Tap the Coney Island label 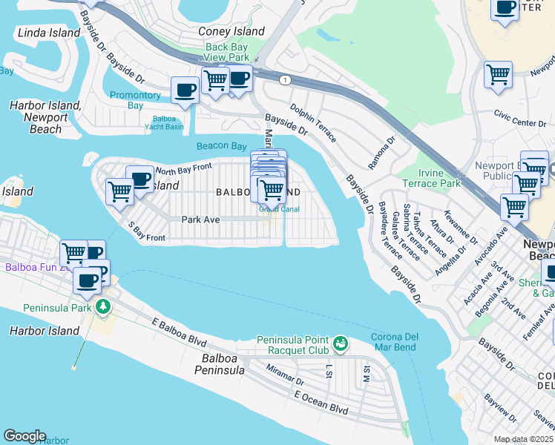[231, 31]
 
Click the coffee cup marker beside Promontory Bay [185, 90]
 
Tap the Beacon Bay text [221, 146]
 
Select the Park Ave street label [201, 220]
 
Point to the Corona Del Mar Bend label [395, 342]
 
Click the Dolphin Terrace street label [312, 123]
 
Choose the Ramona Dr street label [383, 151]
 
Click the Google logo [24, 436]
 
